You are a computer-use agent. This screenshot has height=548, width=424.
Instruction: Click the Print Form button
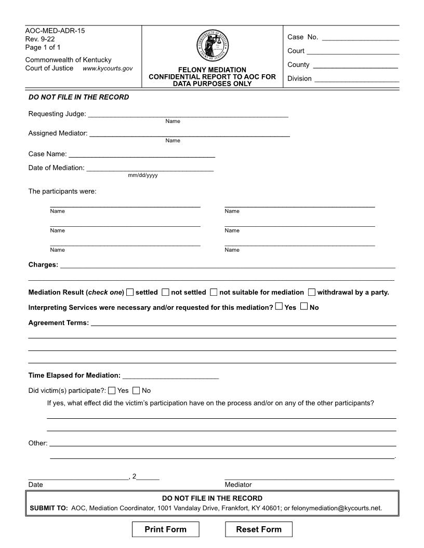(165, 529)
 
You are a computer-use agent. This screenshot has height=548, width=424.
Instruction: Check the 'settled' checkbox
(130, 292)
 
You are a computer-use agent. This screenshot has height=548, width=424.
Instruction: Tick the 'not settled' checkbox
(165, 292)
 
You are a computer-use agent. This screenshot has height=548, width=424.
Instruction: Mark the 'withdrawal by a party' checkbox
(312, 292)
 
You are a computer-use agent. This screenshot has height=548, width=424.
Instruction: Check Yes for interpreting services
(279, 307)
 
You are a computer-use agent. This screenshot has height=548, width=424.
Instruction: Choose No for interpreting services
(304, 307)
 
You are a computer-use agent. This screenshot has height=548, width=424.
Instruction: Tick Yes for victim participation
(112, 390)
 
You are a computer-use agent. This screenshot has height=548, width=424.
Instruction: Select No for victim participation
(136, 390)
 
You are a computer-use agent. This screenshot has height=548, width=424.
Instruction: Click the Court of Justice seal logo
(213, 45)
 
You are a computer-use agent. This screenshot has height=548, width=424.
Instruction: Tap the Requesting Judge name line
(188, 114)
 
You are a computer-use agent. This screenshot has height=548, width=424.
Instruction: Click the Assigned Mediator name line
(189, 133)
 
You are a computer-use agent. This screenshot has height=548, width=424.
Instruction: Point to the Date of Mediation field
(150, 167)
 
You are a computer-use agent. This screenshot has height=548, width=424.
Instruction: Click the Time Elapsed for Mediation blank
(170, 375)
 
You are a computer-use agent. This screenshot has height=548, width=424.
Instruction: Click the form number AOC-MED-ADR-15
(55, 31)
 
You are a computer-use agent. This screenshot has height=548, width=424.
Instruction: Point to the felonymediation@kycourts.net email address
(337, 508)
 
